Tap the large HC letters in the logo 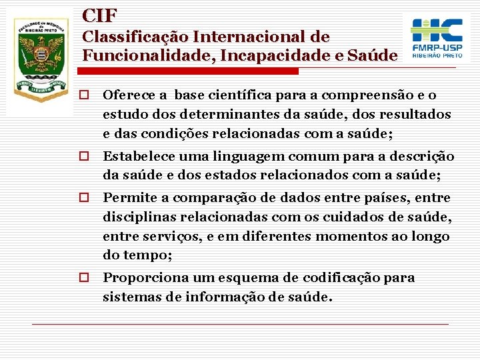[x=437, y=29]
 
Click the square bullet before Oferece [x=84, y=96]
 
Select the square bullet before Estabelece [x=84, y=157]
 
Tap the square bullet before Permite [x=84, y=198]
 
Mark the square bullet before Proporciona [x=84, y=277]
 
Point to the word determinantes [x=219, y=115]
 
